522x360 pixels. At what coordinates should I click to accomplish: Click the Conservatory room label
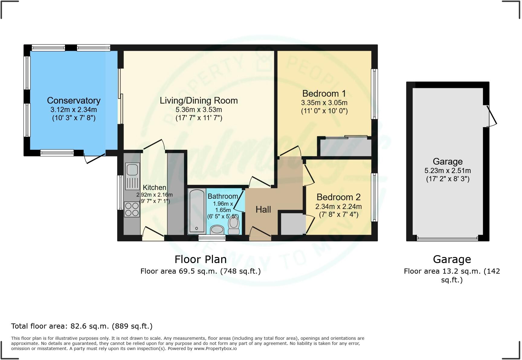pyautogui.click(x=73, y=101)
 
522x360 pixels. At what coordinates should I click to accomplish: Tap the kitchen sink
pyautogui.click(x=132, y=170)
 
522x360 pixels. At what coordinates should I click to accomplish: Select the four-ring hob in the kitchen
pyautogui.click(x=132, y=209)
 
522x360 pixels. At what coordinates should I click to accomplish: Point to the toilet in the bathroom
pyautogui.click(x=234, y=225)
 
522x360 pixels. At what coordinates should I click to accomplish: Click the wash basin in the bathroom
pyautogui.click(x=217, y=230)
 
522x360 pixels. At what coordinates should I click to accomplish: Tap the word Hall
pyautogui.click(x=263, y=210)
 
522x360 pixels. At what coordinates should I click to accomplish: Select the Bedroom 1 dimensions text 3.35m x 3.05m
pyautogui.click(x=324, y=103)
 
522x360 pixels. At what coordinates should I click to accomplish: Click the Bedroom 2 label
pyautogui.click(x=338, y=197)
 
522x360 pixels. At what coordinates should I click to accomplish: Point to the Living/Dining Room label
pyautogui.click(x=198, y=101)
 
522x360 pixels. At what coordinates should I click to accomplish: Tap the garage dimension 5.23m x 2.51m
pyautogui.click(x=447, y=171)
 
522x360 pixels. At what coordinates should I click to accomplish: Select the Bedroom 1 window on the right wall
pyautogui.click(x=374, y=94)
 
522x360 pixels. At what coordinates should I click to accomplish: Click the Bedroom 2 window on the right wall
pyautogui.click(x=374, y=197)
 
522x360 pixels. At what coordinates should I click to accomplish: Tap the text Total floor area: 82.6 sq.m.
pyautogui.click(x=82, y=326)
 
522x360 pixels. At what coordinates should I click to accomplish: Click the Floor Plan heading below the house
pyautogui.click(x=200, y=259)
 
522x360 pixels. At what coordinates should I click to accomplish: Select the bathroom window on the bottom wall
pyautogui.click(x=212, y=238)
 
